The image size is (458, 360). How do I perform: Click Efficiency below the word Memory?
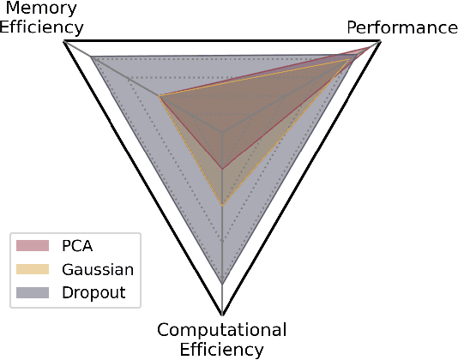pos(36,27)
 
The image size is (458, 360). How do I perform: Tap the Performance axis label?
pos(401,27)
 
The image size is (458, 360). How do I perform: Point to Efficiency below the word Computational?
pos(222,349)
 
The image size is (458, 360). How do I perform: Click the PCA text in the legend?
pos(77,246)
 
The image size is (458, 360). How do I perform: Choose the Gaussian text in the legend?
pos(97,269)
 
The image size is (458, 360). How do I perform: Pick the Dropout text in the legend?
pos(93,292)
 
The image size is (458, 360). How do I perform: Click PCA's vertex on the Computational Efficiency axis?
pos(222,168)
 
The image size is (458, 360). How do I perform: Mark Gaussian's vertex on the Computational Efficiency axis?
pos(222,205)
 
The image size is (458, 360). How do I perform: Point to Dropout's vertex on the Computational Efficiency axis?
pos(222,283)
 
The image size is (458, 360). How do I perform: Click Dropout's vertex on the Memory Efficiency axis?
pos(91,57)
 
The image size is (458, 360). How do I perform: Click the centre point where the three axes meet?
pos(222,133)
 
